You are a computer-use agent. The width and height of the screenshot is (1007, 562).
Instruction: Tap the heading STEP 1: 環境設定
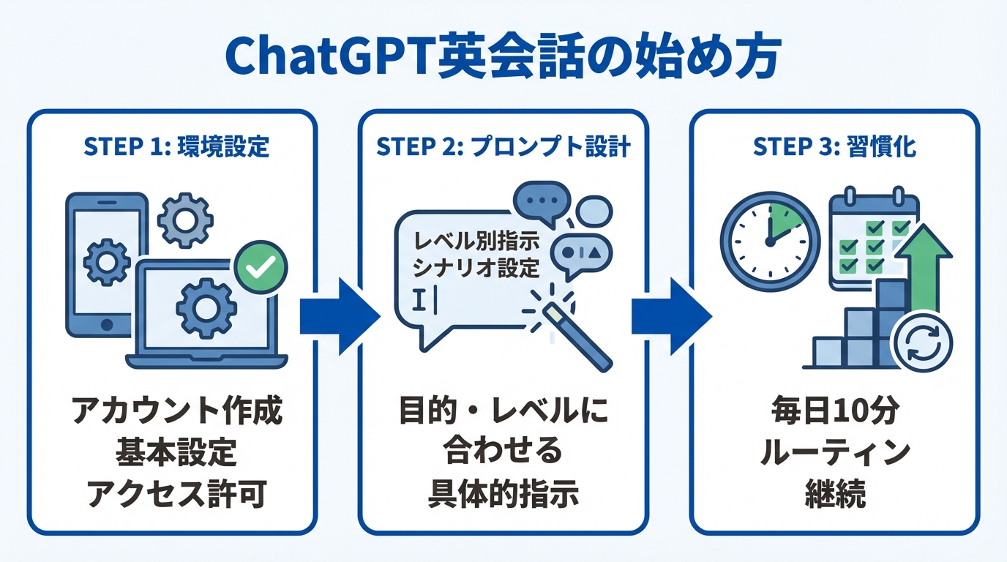(176, 146)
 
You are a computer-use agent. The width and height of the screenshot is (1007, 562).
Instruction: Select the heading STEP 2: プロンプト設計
(503, 146)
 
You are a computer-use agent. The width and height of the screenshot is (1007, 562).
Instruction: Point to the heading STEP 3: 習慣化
(834, 146)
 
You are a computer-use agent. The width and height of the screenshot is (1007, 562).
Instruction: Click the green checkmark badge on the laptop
(260, 269)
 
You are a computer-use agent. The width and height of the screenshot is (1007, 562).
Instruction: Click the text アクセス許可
(176, 495)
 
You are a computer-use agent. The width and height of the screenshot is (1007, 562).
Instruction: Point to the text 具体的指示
(503, 495)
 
